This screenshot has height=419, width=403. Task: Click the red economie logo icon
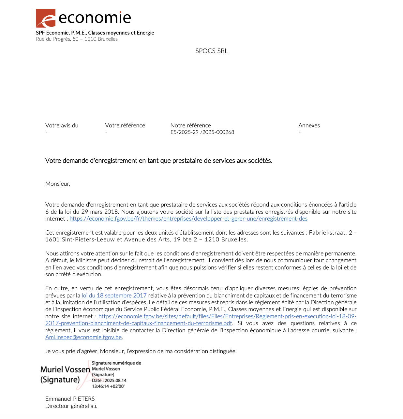[x=45, y=18]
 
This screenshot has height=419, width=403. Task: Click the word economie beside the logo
[x=95, y=18]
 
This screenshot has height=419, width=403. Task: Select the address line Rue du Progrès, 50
[x=77, y=39]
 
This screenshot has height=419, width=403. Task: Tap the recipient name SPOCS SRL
[x=211, y=51]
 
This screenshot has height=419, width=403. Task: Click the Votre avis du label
[x=62, y=125]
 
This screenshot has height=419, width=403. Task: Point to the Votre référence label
[x=125, y=125]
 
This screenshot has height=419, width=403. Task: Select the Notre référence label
[x=190, y=125]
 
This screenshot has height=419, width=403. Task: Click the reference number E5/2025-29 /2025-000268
[x=202, y=132]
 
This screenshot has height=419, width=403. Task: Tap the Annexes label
[x=309, y=125]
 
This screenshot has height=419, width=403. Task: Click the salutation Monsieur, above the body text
[x=58, y=184]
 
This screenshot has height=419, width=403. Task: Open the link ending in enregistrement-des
[x=188, y=219]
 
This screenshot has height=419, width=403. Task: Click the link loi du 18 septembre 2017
[x=114, y=296]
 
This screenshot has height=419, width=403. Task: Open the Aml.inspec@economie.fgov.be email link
[x=83, y=337]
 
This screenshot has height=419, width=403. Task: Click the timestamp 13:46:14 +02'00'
[x=108, y=386]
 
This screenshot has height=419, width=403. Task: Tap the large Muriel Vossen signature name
[x=65, y=369]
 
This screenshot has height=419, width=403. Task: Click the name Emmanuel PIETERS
[x=70, y=399]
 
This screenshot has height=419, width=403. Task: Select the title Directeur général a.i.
[x=71, y=406]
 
